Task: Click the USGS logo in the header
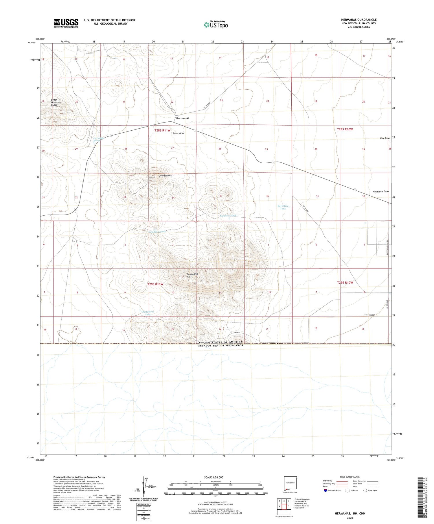[66, 23]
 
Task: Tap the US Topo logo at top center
[216, 25]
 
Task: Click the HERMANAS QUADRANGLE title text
[359, 20]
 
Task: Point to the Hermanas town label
[182, 118]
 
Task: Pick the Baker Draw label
[179, 134]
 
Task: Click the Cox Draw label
[385, 138]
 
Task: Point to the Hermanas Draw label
[381, 192]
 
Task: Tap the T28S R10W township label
[345, 129]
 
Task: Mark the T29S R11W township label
[155, 284]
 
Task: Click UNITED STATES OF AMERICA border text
[221, 342]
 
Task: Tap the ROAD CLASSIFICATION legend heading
[350, 477]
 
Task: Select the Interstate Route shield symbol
[325, 490]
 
